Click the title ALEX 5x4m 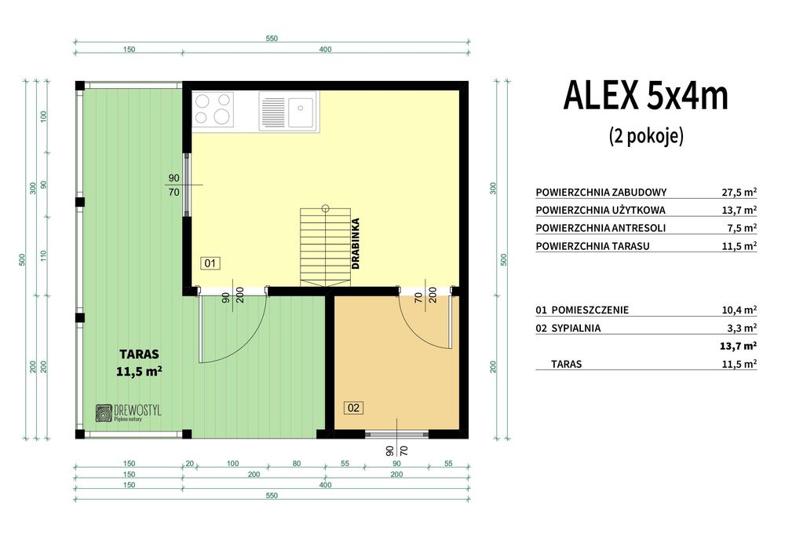(645, 96)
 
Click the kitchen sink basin (301, 111)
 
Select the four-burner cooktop (214, 109)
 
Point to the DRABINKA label (356, 244)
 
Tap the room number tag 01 (210, 263)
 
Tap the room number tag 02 (353, 407)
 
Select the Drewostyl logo (126, 414)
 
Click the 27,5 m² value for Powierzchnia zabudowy (739, 192)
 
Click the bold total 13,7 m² (739, 346)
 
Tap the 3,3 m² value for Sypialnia (742, 329)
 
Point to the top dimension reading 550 (272, 39)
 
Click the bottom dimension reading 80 (297, 464)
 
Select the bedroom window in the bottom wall (396, 433)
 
